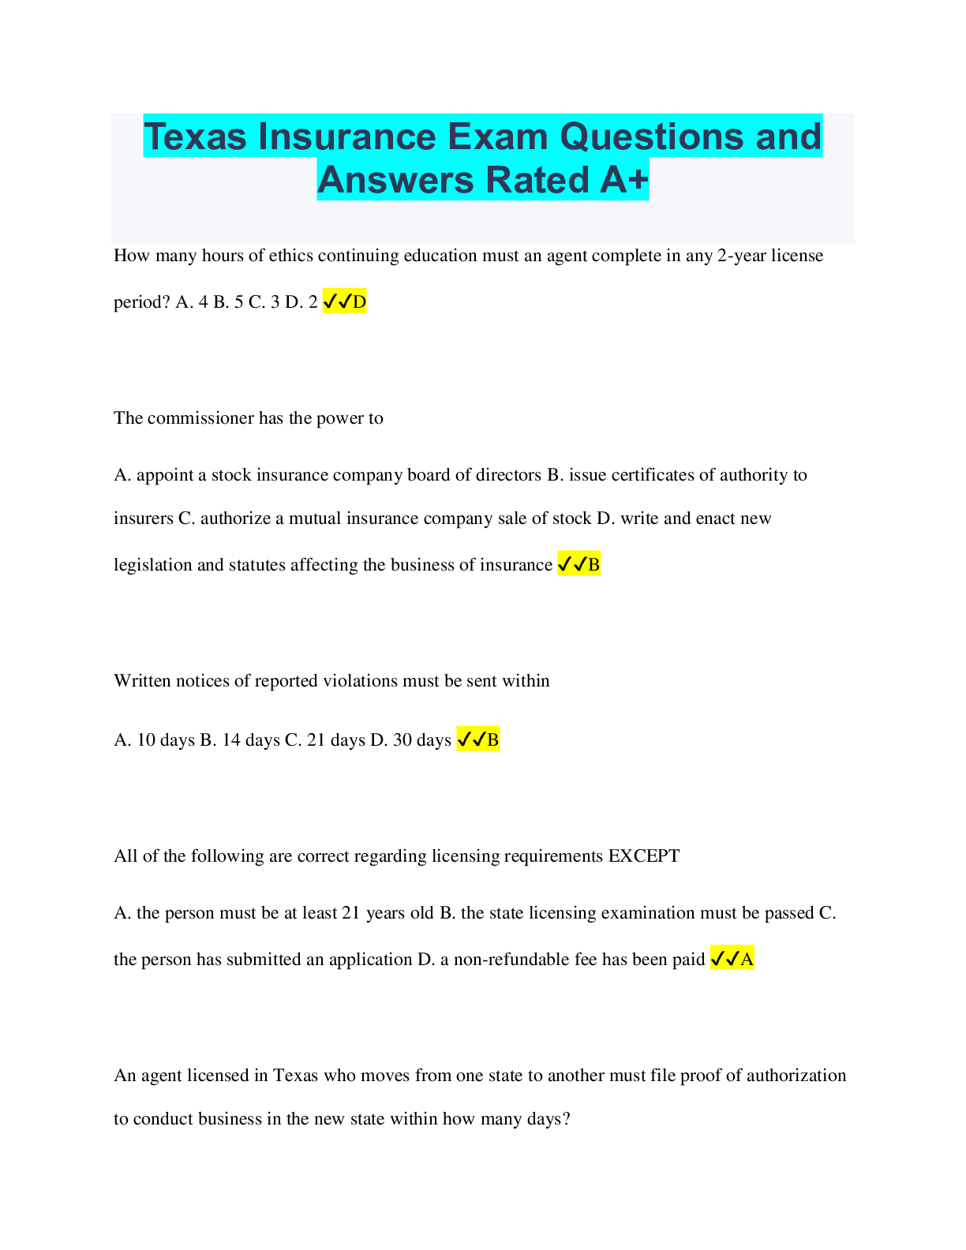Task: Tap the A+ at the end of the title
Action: click(x=623, y=180)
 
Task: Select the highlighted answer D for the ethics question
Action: click(x=345, y=301)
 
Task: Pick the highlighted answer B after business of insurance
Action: click(x=578, y=564)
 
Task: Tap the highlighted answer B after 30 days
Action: click(x=478, y=739)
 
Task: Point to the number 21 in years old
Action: click(x=350, y=913)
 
